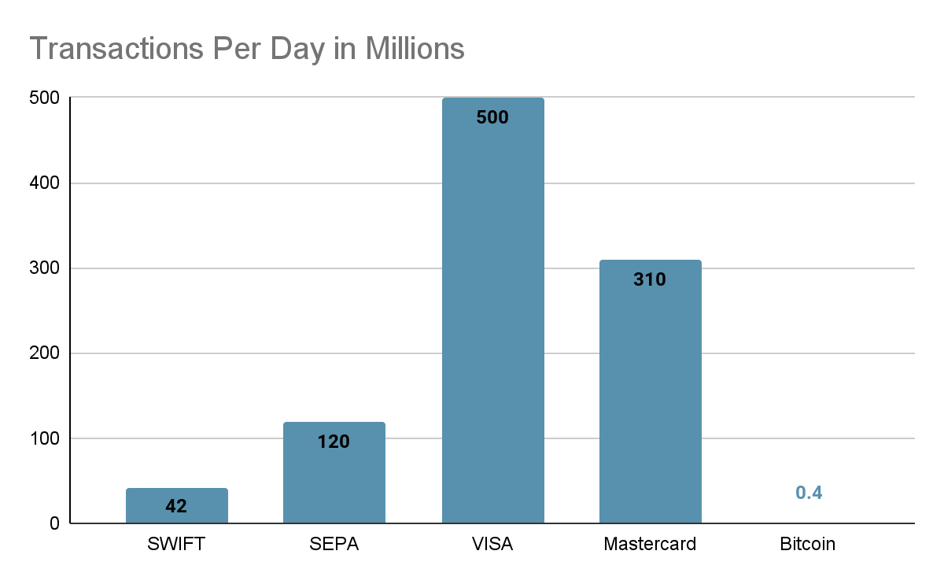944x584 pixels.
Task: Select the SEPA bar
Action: point(334,472)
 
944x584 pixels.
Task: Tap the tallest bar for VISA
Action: point(492,315)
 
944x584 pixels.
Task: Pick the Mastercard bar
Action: point(650,394)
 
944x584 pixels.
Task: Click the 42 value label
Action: point(176,506)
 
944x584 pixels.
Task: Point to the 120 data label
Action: point(334,442)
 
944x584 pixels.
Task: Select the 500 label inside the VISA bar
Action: point(492,118)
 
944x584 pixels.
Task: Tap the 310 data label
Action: point(650,279)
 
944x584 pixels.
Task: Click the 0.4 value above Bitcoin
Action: point(809,493)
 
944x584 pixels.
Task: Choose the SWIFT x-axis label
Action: point(176,544)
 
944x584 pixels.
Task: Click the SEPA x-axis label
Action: point(334,544)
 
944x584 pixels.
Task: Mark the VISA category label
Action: point(492,544)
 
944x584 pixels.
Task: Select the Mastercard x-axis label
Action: point(650,544)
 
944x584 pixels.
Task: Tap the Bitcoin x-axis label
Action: point(808,544)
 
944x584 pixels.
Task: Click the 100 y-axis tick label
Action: point(46,438)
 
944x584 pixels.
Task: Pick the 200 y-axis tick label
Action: point(46,353)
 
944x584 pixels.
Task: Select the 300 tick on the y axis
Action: point(46,268)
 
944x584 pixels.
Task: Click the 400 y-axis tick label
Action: point(46,183)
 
